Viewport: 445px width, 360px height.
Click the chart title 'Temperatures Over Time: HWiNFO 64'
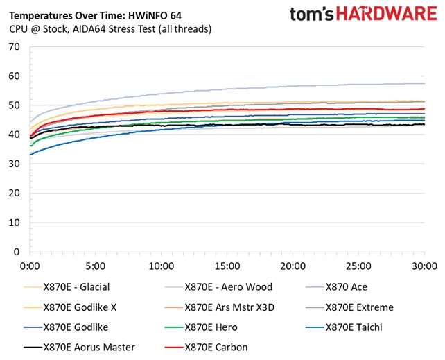95,15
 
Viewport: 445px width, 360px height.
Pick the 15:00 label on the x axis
227,266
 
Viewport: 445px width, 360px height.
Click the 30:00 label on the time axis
424,266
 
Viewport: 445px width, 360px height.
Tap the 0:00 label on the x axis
30,266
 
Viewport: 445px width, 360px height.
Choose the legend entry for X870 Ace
349,287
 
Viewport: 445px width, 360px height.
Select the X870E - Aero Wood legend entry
229,287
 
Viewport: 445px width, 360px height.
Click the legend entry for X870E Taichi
356,327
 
